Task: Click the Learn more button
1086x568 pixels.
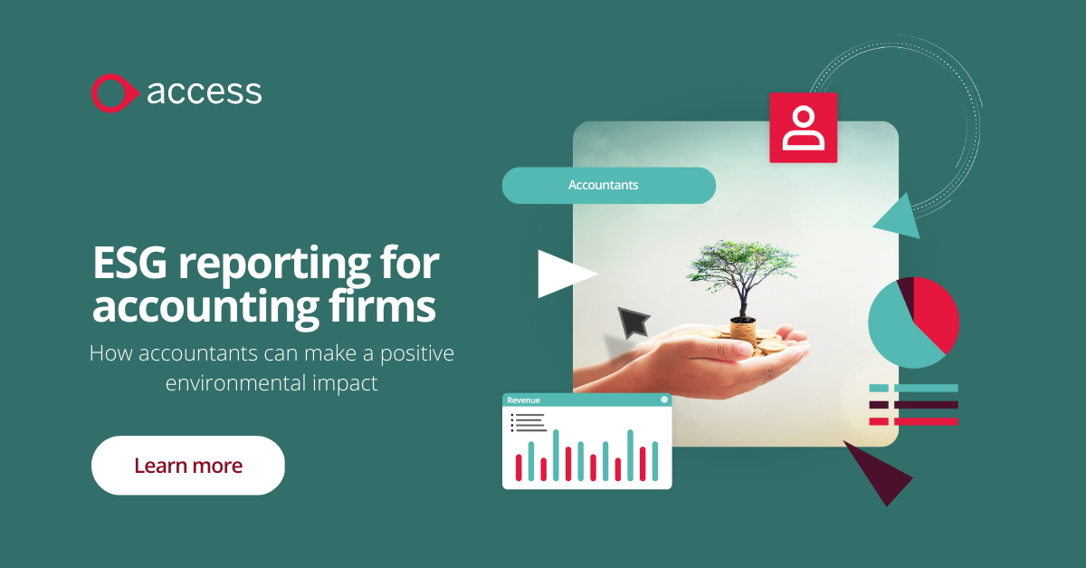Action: (188, 466)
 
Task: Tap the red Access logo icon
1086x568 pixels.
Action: (113, 93)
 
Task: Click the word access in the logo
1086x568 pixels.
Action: (204, 92)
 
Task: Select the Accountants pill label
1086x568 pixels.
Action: (604, 185)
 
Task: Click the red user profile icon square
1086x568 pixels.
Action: (803, 128)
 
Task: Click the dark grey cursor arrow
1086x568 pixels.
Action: (634, 322)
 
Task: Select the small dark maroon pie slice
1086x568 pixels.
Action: (905, 292)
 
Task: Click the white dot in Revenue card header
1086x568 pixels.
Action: (664, 400)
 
